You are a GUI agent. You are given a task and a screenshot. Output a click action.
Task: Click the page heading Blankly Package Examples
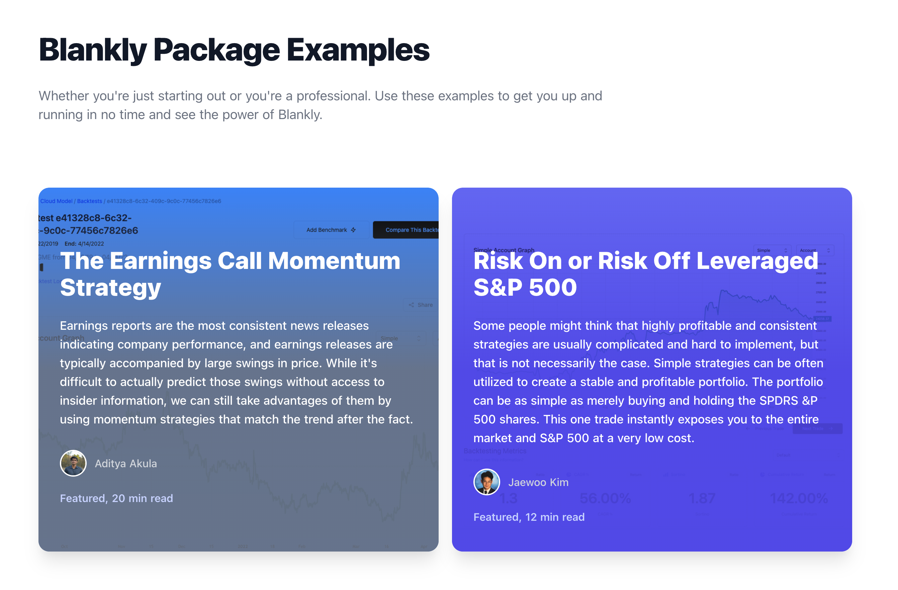tap(234, 50)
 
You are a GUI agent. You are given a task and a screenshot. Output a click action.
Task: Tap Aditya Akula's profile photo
tap(73, 463)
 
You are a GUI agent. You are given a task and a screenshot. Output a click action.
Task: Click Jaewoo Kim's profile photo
tap(487, 482)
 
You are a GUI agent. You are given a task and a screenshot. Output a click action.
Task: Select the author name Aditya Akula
tap(126, 464)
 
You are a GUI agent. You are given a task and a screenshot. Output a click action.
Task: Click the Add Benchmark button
tap(331, 230)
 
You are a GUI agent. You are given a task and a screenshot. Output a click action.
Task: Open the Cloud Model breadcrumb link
tap(56, 201)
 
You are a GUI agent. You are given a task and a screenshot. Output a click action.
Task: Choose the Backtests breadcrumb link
tap(89, 201)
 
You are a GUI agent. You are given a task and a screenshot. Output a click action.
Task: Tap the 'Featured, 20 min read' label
tap(116, 498)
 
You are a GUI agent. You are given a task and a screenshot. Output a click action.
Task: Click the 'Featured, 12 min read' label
tap(529, 517)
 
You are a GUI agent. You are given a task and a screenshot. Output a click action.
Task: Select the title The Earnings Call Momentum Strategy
tap(230, 274)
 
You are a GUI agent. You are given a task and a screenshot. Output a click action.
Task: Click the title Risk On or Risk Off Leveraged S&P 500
tap(645, 274)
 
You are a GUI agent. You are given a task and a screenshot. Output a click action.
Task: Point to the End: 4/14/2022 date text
tap(84, 244)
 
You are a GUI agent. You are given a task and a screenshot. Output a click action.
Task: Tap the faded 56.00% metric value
tap(605, 498)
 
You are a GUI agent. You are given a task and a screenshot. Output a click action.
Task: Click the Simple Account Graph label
tap(504, 250)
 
